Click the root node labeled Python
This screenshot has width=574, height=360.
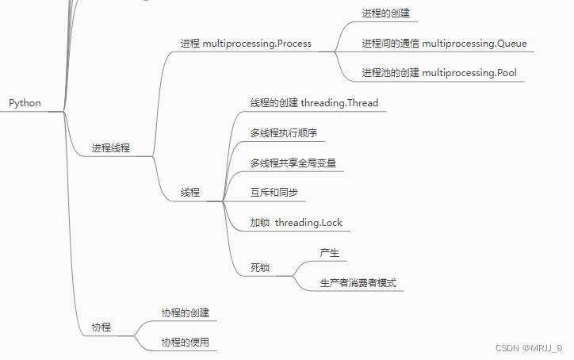pos(25,103)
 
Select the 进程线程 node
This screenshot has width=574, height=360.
pos(110,147)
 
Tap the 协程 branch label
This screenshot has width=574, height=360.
pos(101,327)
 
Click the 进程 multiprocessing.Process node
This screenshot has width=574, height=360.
pos(246,44)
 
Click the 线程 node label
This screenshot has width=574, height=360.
pos(189,192)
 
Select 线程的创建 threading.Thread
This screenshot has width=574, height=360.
pos(314,103)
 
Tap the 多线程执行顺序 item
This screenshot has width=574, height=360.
pos(283,132)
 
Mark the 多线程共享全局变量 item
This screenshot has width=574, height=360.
pos(293,163)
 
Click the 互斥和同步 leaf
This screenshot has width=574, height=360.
pos(274,193)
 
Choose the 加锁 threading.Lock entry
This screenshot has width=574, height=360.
pos(296,223)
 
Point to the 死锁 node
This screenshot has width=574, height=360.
pos(259,267)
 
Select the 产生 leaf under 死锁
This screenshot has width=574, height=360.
pos(329,253)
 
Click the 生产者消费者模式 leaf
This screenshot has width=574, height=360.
pos(358,282)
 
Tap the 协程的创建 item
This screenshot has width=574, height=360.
pos(185,312)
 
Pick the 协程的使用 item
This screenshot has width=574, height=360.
pos(185,343)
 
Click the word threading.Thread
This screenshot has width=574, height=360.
pos(339,103)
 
